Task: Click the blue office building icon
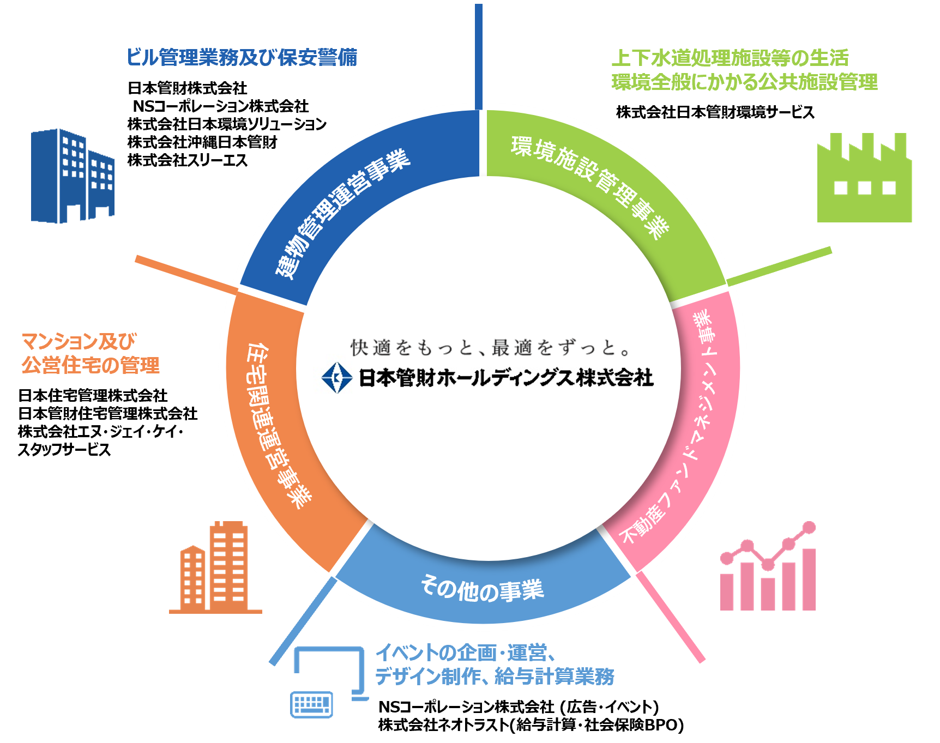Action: [x=72, y=176]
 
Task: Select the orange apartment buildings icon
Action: [x=216, y=568]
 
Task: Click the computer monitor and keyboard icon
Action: [x=327, y=681]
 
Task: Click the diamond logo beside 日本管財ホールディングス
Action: [x=336, y=377]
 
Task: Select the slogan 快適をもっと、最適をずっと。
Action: [x=491, y=347]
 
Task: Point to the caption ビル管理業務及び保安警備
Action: [x=242, y=57]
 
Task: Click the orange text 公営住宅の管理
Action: [x=91, y=365]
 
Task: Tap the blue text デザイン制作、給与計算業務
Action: [x=494, y=676]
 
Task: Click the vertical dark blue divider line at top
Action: [x=479, y=55]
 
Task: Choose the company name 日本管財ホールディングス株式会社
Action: [x=505, y=377]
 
